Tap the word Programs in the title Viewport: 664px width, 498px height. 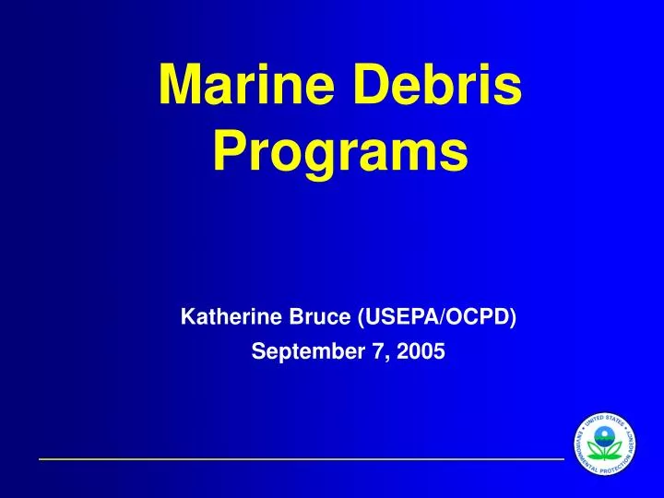[339, 152]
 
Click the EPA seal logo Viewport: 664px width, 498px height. [606, 445]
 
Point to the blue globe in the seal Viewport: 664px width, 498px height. [606, 434]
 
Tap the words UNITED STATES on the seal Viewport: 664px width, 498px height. [606, 419]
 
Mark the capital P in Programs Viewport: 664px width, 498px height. [228, 152]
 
